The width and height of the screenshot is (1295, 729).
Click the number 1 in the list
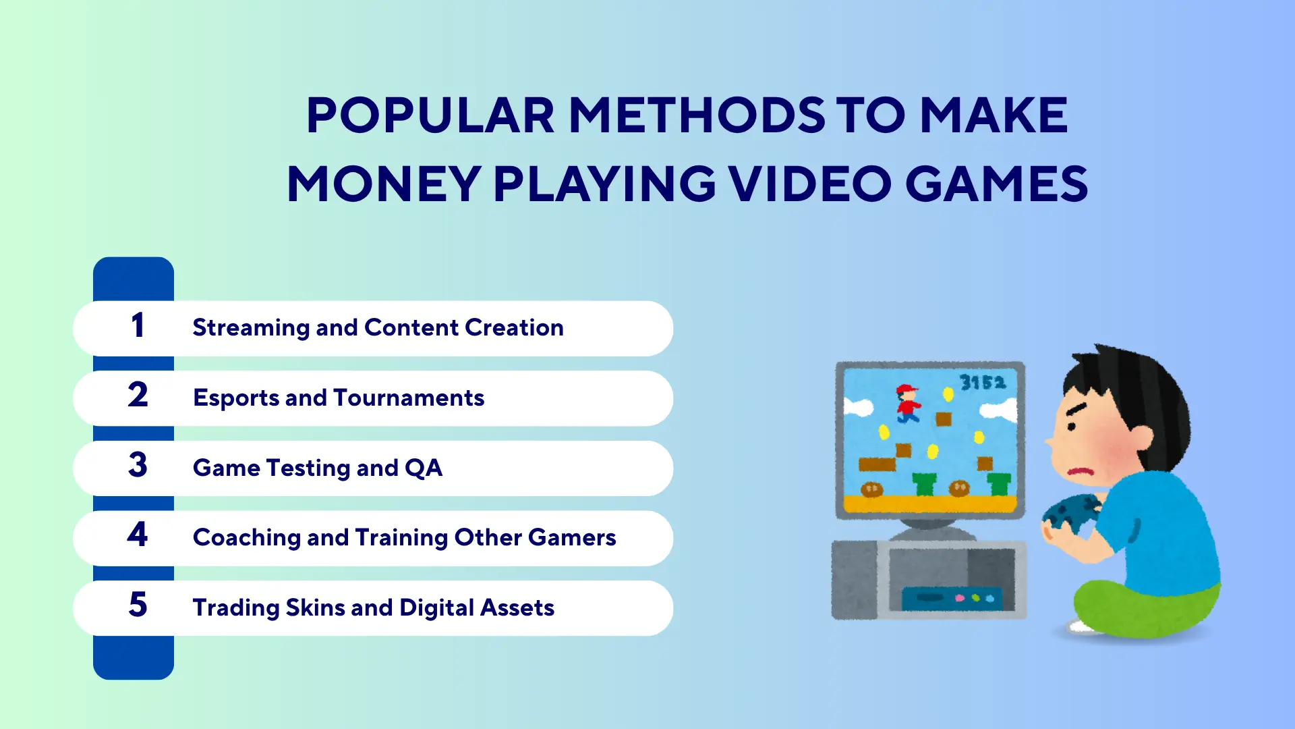[138, 325]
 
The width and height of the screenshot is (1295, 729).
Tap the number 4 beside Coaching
[138, 534]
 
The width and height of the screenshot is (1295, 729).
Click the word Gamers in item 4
[572, 537]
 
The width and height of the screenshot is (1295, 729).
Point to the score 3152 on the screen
[983, 383]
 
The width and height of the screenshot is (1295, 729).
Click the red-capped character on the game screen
[908, 403]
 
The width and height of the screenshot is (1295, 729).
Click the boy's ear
[1139, 440]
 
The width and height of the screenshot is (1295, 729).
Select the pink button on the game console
[960, 598]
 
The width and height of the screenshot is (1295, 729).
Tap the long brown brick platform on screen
[877, 464]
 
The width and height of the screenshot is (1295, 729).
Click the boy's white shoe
[1083, 626]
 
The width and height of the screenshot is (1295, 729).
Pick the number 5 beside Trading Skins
[138, 604]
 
